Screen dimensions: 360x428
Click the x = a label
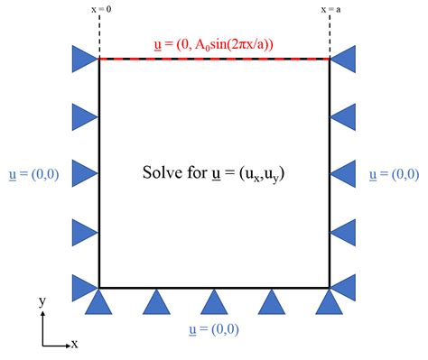pyautogui.click(x=330, y=10)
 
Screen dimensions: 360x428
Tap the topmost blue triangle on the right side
pyautogui.click(x=343, y=60)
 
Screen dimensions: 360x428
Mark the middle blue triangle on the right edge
pyautogui.click(x=343, y=172)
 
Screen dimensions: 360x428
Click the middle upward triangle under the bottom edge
pyautogui.click(x=214, y=301)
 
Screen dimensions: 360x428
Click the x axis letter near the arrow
pyautogui.click(x=74, y=344)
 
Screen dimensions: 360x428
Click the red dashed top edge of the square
pyautogui.click(x=214, y=59)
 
